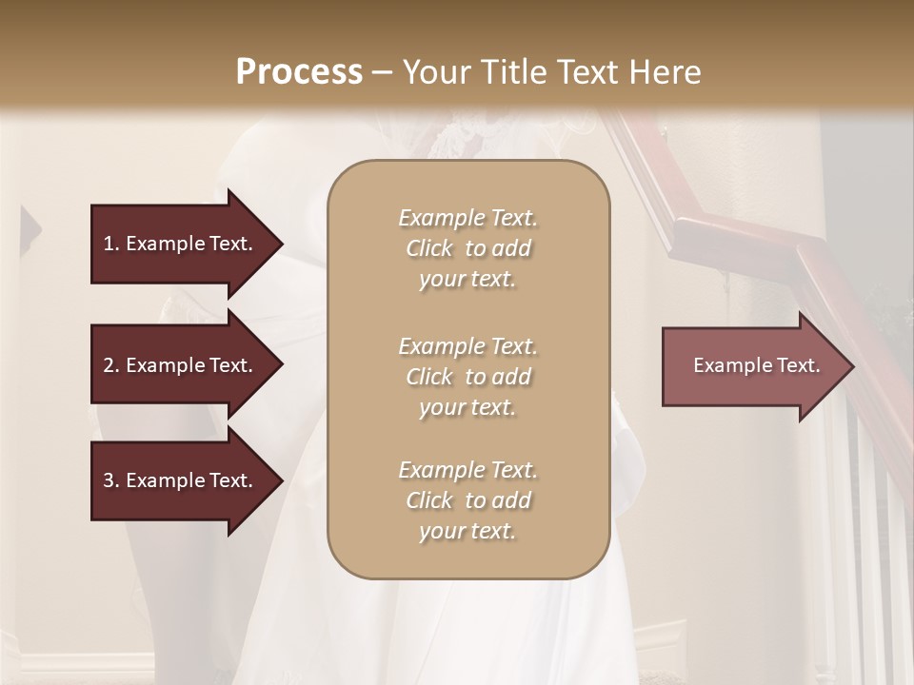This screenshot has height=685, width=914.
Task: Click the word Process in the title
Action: pyautogui.click(x=299, y=72)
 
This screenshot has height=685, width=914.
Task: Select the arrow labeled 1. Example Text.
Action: pyautogui.click(x=181, y=244)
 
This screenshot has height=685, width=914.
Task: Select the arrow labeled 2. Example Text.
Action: pyautogui.click(x=181, y=365)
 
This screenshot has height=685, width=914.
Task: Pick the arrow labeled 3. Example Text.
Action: pyautogui.click(x=181, y=480)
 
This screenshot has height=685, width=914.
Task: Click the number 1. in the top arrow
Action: pyautogui.click(x=111, y=244)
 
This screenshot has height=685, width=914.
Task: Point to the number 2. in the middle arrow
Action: pyautogui.click(x=111, y=365)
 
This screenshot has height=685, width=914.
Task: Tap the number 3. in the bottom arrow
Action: pyautogui.click(x=111, y=480)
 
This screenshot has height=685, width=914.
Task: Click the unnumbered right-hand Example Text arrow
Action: pyautogui.click(x=752, y=366)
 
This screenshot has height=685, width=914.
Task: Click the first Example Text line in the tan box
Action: pyautogui.click(x=467, y=219)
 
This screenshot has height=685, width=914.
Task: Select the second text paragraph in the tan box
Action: pyautogui.click(x=467, y=377)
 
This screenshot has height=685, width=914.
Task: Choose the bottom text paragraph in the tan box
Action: pyautogui.click(x=467, y=500)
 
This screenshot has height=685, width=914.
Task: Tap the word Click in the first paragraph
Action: pyautogui.click(x=428, y=249)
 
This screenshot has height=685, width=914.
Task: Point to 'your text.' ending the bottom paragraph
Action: pyautogui.click(x=467, y=532)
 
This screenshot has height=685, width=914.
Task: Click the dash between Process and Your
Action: pyautogui.click(x=383, y=72)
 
